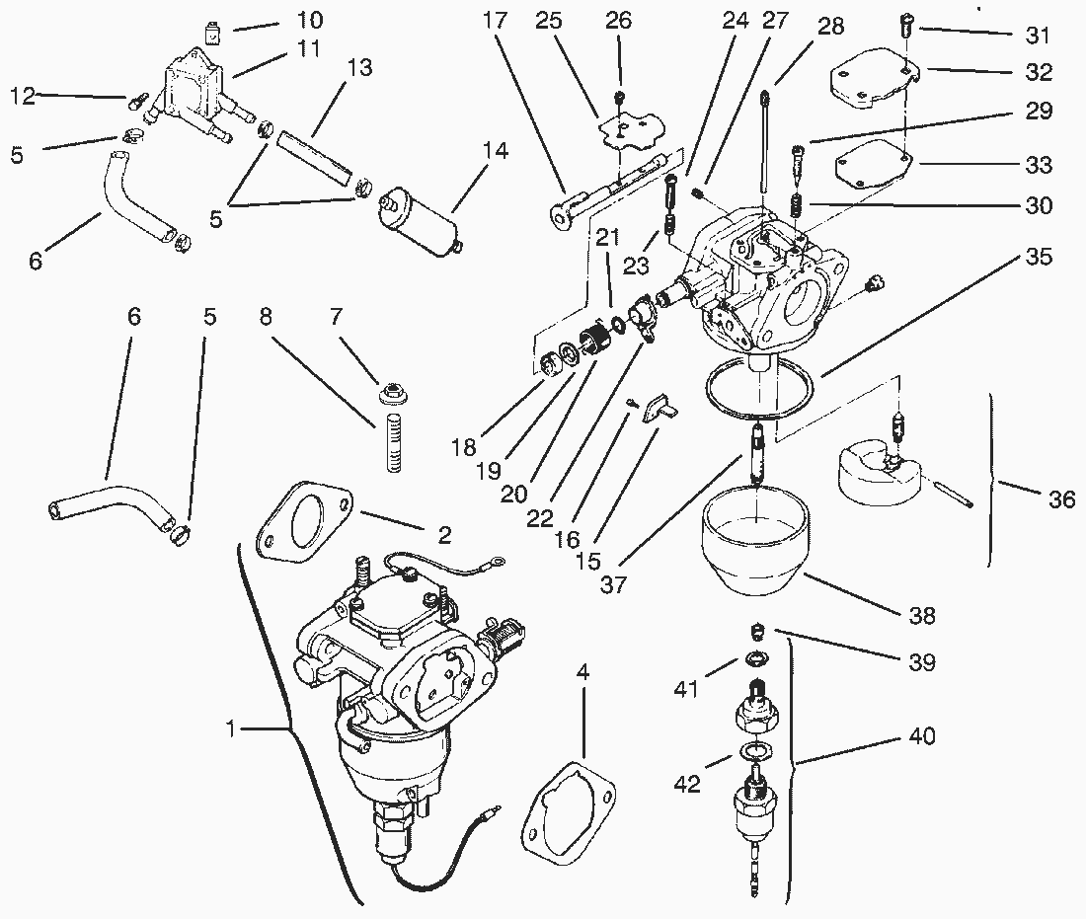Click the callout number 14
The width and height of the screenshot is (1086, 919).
click(x=495, y=150)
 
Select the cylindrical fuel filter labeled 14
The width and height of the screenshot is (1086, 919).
click(x=419, y=219)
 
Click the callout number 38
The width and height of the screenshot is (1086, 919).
click(x=921, y=615)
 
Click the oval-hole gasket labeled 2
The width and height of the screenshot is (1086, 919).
click(x=303, y=518)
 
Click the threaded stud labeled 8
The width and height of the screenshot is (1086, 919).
click(x=393, y=442)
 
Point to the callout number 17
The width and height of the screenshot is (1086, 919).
click(x=496, y=20)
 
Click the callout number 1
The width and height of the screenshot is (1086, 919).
click(x=232, y=728)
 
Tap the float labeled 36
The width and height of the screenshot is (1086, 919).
click(x=880, y=471)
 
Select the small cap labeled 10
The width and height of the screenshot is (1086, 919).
click(x=213, y=32)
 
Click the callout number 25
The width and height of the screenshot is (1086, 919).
click(x=548, y=20)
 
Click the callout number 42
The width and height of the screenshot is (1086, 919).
click(x=686, y=783)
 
